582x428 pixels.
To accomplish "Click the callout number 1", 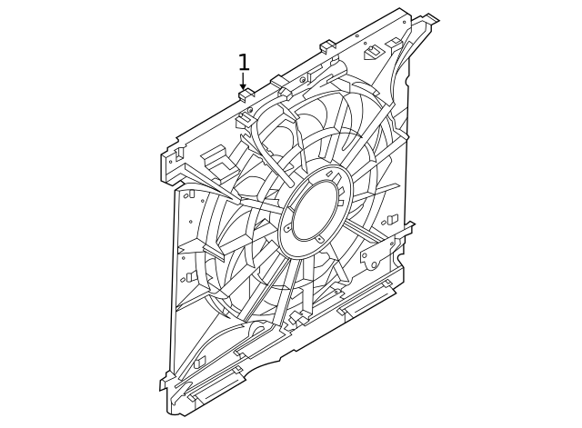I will pyautogui.click(x=243, y=63).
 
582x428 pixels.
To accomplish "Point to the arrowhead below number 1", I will pyautogui.click(x=243, y=86).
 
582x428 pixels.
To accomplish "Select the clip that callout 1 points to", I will pyautogui.click(x=244, y=93).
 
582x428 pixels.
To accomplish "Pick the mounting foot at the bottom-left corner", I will pyautogui.click(x=167, y=383).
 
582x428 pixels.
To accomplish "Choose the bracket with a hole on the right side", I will pyautogui.click(x=372, y=255).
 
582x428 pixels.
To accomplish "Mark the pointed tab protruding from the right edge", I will pyautogui.click(x=408, y=228).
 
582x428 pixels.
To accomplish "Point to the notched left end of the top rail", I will pyautogui.click(x=171, y=163).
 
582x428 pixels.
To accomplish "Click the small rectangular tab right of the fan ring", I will pyautogui.click(x=391, y=220).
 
